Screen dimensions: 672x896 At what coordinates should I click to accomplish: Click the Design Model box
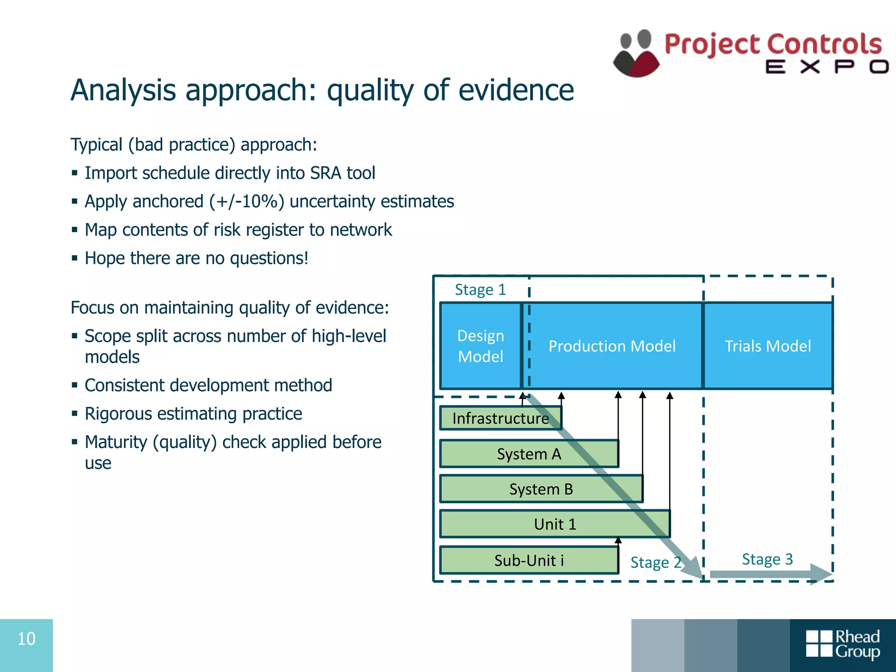click(x=480, y=346)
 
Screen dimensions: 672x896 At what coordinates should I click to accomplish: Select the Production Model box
click(x=612, y=346)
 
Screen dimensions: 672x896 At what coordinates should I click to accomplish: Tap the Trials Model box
click(x=768, y=346)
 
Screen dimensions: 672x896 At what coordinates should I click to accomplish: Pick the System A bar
click(x=528, y=454)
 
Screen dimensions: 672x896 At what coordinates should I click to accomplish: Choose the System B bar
click(x=541, y=489)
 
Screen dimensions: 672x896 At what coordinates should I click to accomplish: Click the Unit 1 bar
click(x=555, y=524)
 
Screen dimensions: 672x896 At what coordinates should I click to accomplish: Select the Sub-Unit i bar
click(x=528, y=560)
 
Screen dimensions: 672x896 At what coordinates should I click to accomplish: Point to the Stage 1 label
click(x=480, y=290)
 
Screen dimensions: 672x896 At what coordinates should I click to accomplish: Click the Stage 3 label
click(x=767, y=559)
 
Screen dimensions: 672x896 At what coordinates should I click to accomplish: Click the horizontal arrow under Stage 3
click(x=770, y=574)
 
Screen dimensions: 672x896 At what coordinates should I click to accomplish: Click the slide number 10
click(x=26, y=639)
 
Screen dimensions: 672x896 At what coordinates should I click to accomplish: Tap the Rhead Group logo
click(x=843, y=644)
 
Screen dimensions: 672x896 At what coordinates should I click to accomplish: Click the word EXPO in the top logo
click(x=827, y=67)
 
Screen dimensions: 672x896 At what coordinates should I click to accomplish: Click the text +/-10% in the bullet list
click(x=247, y=202)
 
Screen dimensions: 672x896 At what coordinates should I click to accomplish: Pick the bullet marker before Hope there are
click(x=75, y=259)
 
